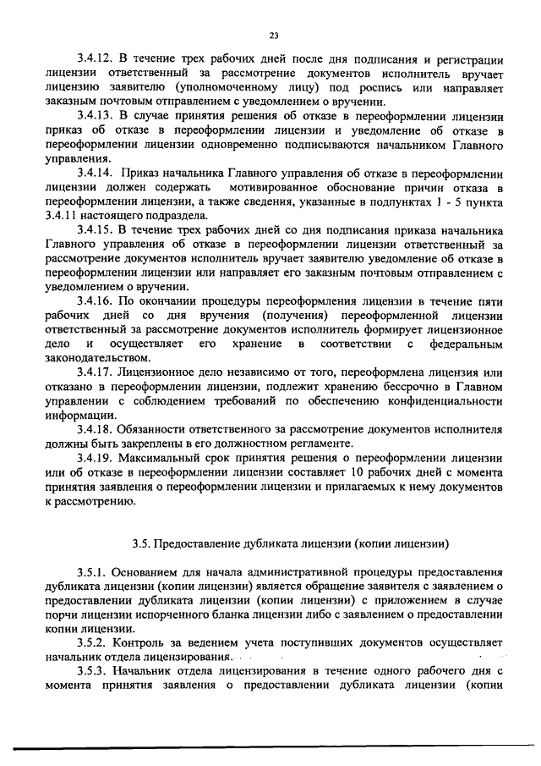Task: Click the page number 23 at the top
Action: (x=274, y=36)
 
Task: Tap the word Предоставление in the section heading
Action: (x=202, y=543)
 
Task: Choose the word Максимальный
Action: (x=154, y=455)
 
